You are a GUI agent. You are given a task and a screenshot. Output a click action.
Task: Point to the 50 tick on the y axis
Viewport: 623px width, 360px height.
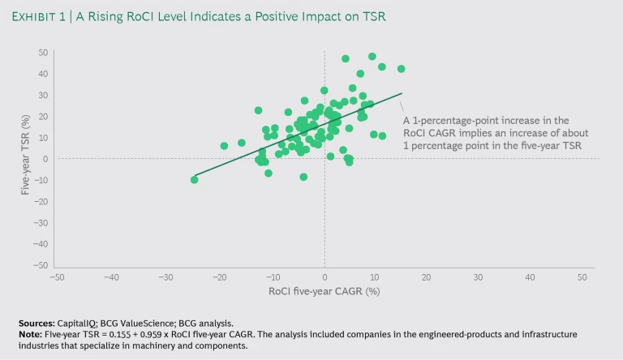(x=43, y=53)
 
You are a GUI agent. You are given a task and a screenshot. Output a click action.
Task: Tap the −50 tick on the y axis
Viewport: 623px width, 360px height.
(x=41, y=265)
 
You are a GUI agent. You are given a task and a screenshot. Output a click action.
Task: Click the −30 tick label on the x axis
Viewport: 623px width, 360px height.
(x=165, y=276)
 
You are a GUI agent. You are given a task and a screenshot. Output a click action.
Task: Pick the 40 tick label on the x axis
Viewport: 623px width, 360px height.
(x=530, y=276)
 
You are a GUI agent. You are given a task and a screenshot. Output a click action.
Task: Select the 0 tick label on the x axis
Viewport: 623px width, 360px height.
(x=324, y=276)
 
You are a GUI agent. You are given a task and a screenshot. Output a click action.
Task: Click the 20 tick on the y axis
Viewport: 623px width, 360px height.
(x=43, y=116)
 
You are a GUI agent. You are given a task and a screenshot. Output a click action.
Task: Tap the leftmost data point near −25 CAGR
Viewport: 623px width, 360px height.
(x=194, y=179)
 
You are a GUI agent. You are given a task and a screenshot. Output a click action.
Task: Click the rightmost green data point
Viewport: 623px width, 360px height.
(x=401, y=69)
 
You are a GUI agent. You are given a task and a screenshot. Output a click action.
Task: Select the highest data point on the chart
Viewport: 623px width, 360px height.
(x=372, y=57)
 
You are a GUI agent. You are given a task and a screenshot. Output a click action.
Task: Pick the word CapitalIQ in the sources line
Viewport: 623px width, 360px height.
(x=80, y=322)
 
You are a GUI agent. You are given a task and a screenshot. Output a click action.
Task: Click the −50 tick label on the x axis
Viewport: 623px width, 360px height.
(x=56, y=276)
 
